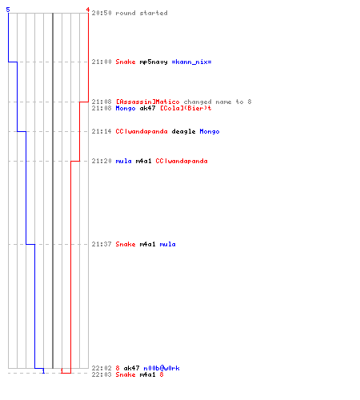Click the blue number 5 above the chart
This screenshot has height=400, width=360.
point(8,10)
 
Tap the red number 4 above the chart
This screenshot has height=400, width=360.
point(88,10)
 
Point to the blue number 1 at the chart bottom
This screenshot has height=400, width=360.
point(43,371)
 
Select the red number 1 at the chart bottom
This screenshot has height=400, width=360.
point(62,371)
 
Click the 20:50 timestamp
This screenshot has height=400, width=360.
point(102,13)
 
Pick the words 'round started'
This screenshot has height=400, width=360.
point(142,13)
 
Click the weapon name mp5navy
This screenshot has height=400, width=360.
point(154,62)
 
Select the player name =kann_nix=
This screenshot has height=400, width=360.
point(191,62)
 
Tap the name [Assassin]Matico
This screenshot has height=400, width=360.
point(147,102)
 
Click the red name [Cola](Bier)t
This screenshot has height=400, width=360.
point(186,108)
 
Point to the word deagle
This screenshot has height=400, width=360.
point(183,131)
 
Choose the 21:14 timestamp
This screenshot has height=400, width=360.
point(102,131)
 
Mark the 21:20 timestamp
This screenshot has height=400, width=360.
point(102,161)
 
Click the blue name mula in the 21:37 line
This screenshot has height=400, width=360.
point(167,244)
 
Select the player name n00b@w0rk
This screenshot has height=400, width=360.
point(162,368)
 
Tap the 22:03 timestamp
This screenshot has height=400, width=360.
point(102,374)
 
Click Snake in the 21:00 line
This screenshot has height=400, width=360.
point(126,62)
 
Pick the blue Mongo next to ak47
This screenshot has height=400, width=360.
point(126,108)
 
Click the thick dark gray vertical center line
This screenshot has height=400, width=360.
point(53,190)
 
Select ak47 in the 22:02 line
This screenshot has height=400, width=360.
point(131,368)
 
